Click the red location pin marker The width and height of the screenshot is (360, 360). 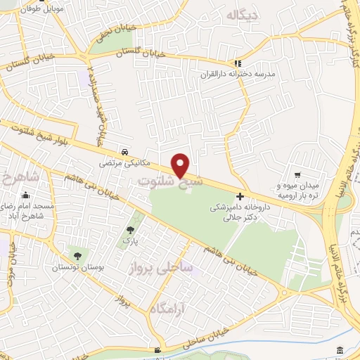tap(181, 165)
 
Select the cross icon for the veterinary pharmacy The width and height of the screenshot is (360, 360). tap(240, 196)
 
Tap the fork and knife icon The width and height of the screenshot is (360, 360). tap(238, 63)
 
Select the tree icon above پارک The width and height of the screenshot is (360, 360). tap(130, 229)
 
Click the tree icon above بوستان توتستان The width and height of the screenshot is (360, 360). tap(76, 257)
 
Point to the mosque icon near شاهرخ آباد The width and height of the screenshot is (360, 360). tap(26, 195)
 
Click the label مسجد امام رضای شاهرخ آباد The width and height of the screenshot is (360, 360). tap(30, 210)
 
